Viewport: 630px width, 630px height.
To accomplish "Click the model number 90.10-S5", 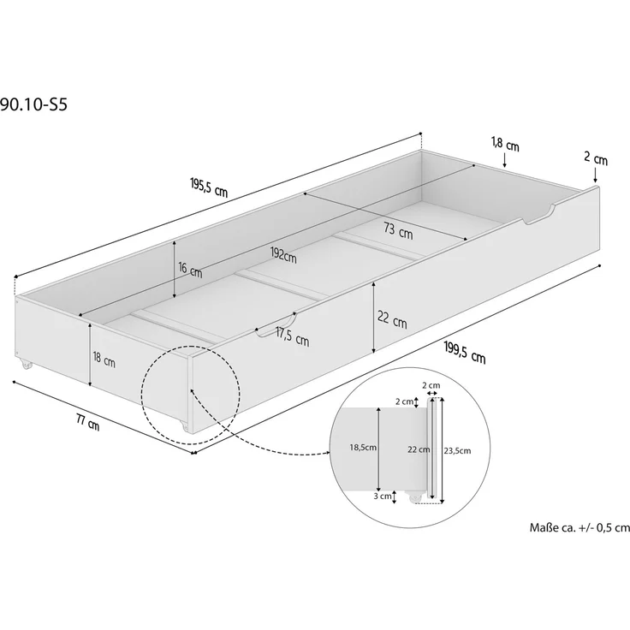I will pos(34,105).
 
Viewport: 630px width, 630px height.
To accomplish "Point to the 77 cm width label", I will pos(86,421).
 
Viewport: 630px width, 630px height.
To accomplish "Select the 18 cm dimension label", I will pos(104,360).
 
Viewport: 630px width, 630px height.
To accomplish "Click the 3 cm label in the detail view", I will pos(383,495).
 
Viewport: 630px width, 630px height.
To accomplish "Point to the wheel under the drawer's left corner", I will pos(24,366).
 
